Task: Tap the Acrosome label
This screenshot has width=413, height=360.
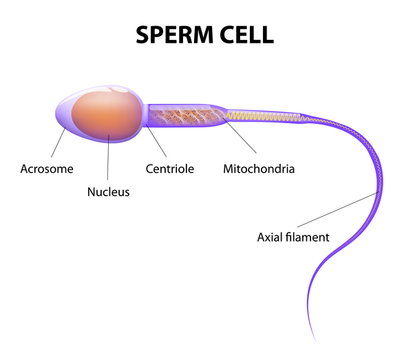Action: click(x=46, y=168)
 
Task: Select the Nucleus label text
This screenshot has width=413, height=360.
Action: click(x=108, y=192)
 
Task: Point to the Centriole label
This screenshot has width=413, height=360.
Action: click(x=170, y=168)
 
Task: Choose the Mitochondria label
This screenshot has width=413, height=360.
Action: click(x=258, y=168)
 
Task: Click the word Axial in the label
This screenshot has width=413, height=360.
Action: click(x=270, y=237)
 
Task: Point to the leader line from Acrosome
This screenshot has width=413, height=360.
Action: click(x=56, y=142)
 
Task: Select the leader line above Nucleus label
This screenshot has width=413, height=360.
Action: click(x=108, y=158)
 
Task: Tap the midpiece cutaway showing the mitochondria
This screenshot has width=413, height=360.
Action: click(x=186, y=116)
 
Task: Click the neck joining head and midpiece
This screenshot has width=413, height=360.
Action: click(x=145, y=115)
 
